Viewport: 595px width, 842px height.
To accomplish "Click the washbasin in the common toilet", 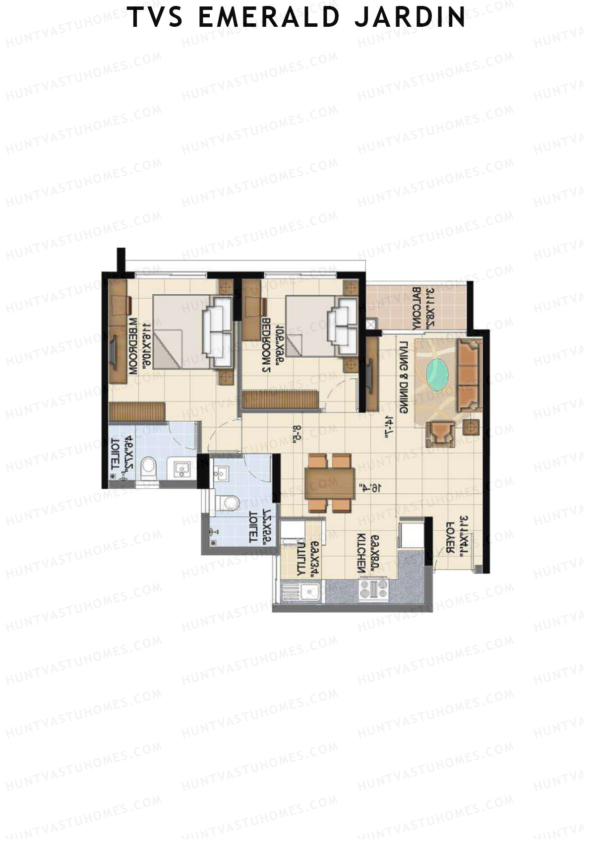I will [221, 472].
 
